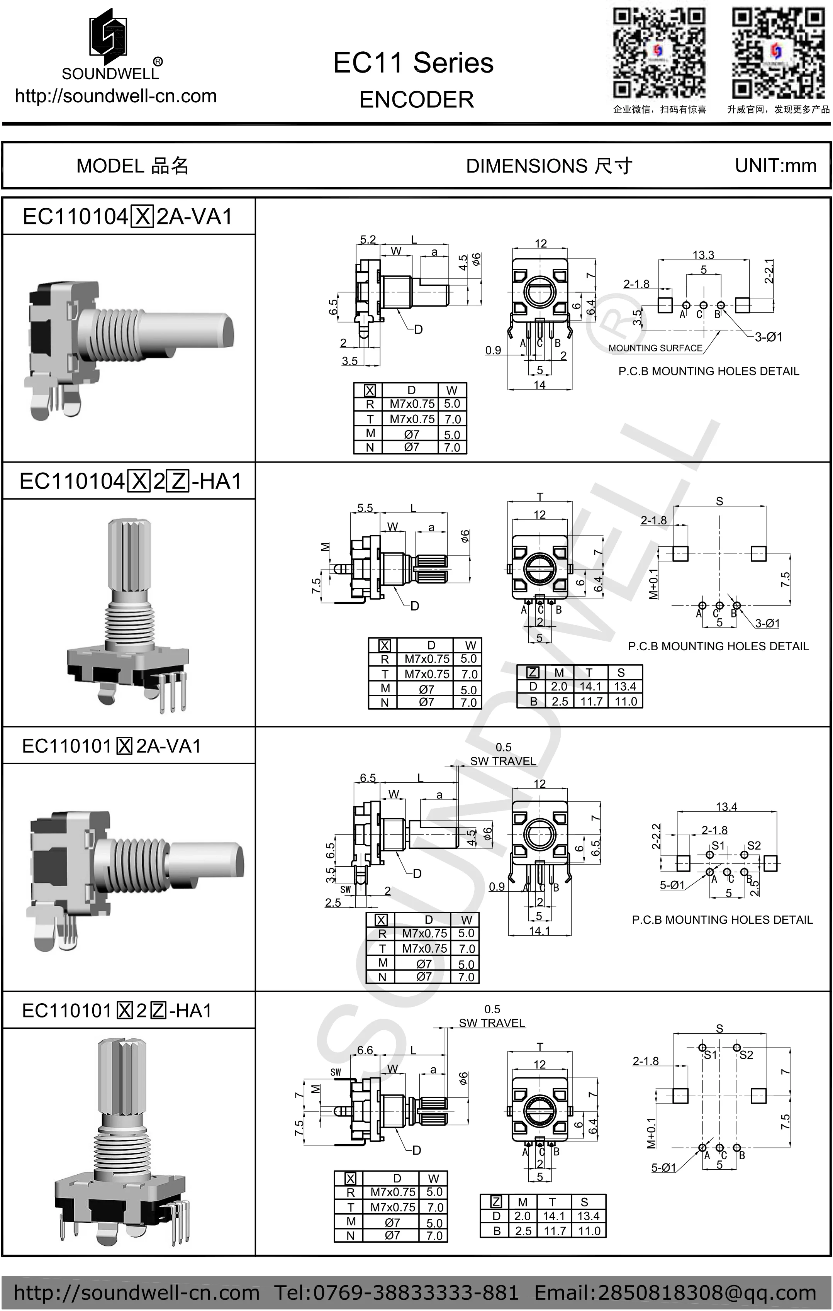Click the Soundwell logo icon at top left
(x=109, y=33)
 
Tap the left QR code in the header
(x=659, y=53)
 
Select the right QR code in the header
(x=777, y=53)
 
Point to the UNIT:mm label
(x=775, y=166)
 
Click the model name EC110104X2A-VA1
(x=128, y=217)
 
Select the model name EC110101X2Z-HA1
(x=117, y=1011)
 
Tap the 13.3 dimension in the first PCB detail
(x=703, y=255)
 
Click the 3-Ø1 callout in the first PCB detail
(x=768, y=337)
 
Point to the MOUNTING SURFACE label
(x=655, y=348)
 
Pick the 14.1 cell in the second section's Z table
(x=590, y=687)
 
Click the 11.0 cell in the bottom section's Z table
(x=589, y=1231)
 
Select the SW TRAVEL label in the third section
(x=503, y=761)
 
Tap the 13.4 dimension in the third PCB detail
(x=726, y=806)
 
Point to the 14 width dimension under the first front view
(x=539, y=385)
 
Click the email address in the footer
(x=675, y=1292)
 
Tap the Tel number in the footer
(x=396, y=1292)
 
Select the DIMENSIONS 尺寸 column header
(x=549, y=166)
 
